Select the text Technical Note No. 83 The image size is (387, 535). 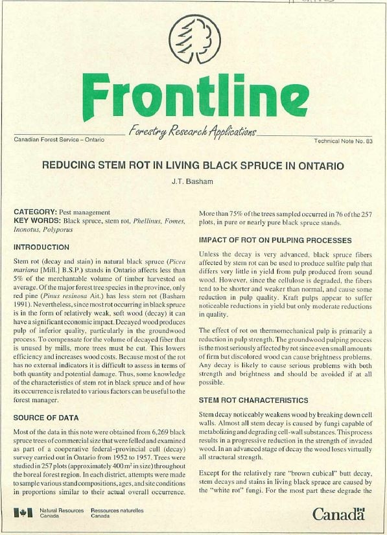point(343,140)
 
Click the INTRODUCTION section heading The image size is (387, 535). point(51,247)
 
